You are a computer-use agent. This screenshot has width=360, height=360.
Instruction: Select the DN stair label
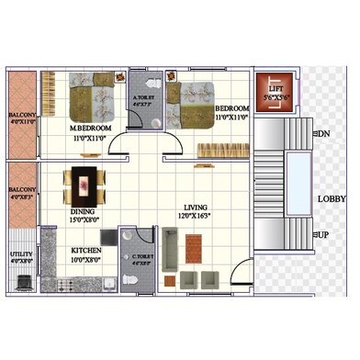(322, 134)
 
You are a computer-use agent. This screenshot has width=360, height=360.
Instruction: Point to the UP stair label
(322, 235)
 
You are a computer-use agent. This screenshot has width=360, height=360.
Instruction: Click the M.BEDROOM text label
(90, 127)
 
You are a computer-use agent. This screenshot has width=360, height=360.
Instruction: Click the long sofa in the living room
(170, 248)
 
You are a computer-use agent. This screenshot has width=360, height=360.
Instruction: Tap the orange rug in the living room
(193, 247)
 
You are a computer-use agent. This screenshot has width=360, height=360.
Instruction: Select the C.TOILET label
(141, 256)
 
